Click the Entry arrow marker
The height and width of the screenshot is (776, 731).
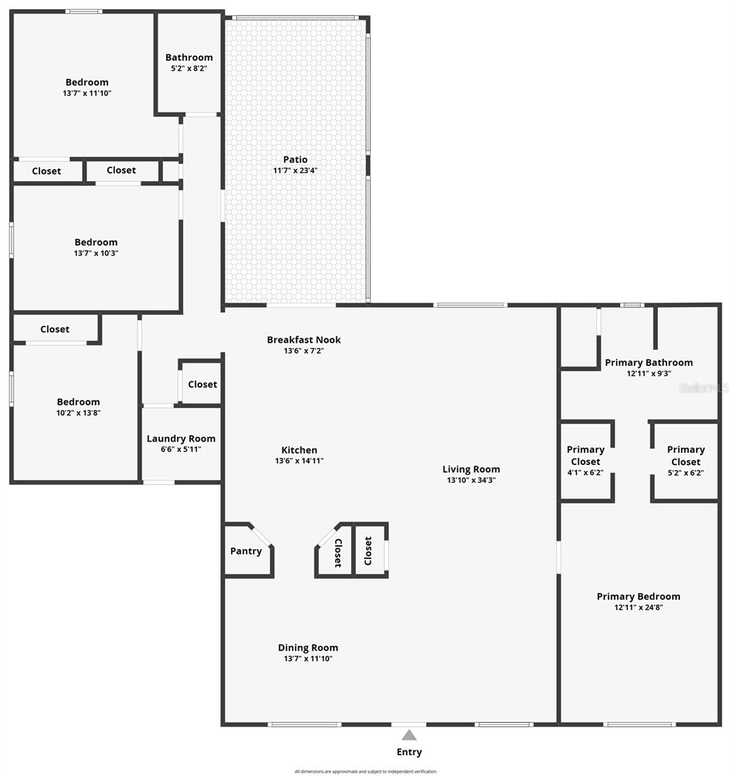tap(409, 735)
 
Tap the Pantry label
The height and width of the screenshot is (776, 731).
tap(246, 551)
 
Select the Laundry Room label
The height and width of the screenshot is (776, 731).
tap(181, 438)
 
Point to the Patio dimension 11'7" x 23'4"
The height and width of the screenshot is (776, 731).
tap(295, 171)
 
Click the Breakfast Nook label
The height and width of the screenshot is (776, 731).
tap(303, 339)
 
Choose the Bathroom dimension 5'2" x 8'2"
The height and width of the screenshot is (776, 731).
tap(189, 68)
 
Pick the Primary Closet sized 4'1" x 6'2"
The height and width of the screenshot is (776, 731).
tap(585, 460)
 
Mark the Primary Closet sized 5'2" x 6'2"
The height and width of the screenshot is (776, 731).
tap(686, 460)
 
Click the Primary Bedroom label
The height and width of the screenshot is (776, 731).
tap(638, 596)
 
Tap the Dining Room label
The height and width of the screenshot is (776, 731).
tap(308, 647)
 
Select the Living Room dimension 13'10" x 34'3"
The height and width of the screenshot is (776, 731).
tap(471, 480)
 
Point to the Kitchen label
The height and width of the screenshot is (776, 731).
tap(299, 450)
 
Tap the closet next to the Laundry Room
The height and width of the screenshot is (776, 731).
tap(202, 384)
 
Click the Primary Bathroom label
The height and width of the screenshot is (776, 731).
tap(648, 363)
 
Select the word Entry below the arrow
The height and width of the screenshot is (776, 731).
tap(409, 752)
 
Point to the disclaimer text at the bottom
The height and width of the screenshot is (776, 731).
tap(365, 771)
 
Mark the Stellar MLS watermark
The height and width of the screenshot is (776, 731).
tap(704, 388)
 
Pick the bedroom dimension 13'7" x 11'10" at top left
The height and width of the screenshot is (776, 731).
tap(87, 93)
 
